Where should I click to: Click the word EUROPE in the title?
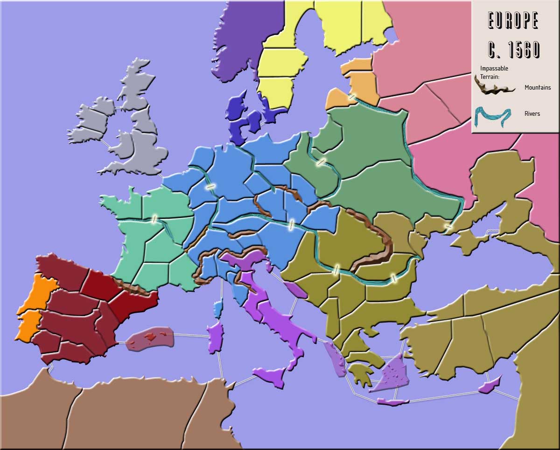(x=513, y=21)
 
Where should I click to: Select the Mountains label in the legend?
(x=538, y=87)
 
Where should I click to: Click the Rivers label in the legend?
(x=532, y=113)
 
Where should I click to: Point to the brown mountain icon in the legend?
(x=495, y=86)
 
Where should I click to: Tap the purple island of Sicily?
(x=270, y=376)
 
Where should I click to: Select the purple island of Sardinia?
(x=216, y=337)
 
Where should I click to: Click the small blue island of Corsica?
(x=218, y=309)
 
